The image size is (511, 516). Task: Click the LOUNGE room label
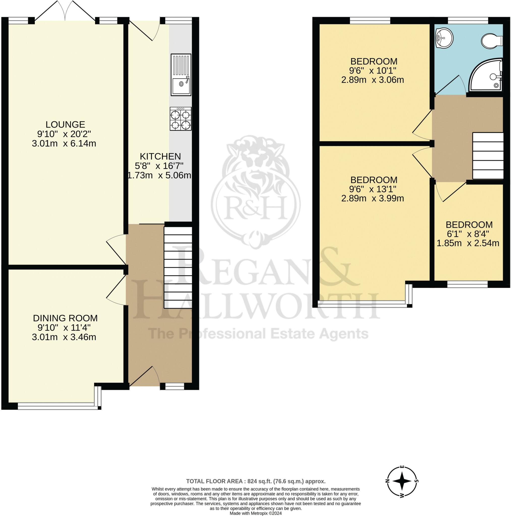[65, 124]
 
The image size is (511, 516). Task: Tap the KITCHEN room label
[160, 156]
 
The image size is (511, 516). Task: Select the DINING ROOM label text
[65, 318]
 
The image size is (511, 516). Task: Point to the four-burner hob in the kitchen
[181, 119]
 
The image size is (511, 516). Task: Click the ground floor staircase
[178, 268]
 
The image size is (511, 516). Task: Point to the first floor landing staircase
[488, 156]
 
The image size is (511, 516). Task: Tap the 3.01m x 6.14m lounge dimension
[64, 143]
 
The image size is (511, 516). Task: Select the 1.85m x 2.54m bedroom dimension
[468, 243]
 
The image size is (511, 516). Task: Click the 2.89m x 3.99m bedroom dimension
[372, 198]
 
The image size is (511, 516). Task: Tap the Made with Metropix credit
[256, 513]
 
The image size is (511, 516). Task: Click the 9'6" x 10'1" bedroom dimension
[373, 71]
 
